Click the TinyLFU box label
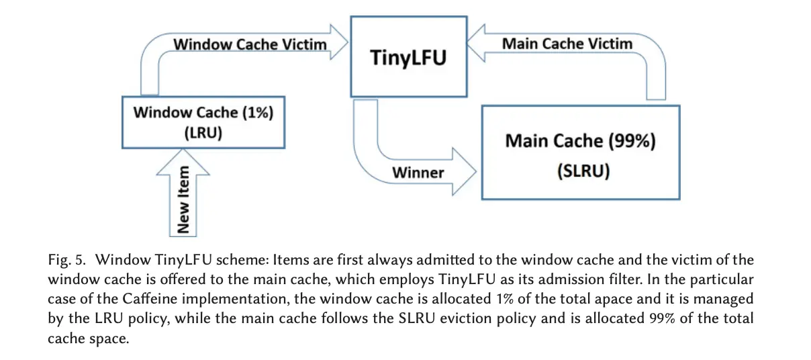pos(408,58)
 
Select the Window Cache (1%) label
pos(203,113)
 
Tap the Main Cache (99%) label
pos(580,141)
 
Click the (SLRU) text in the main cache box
pos(583,171)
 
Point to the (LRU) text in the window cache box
pos(203,133)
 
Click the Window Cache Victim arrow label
pos(250,44)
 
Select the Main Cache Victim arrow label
pos(567,44)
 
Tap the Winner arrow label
pos(418,173)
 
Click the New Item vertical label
pos(183,199)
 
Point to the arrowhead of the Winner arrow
pos(465,172)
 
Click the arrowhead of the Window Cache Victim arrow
pos(339,42)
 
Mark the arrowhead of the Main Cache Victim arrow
pos(476,43)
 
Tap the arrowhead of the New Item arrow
pos(183,163)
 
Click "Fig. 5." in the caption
pos(66,261)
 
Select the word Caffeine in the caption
pos(150,299)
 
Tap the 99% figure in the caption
pos(662,318)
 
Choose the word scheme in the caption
pos(242,260)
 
